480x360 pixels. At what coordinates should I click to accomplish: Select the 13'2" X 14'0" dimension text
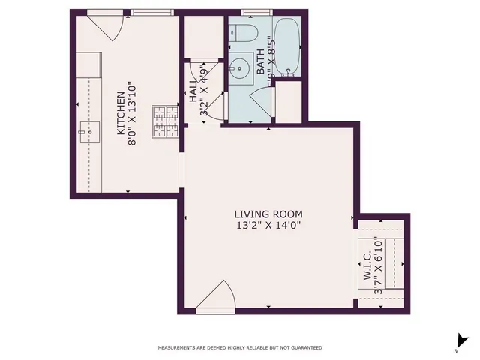pos(269,225)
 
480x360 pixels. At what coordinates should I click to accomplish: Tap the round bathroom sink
pos(241,67)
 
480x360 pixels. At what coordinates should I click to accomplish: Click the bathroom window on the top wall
pos(255,12)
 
